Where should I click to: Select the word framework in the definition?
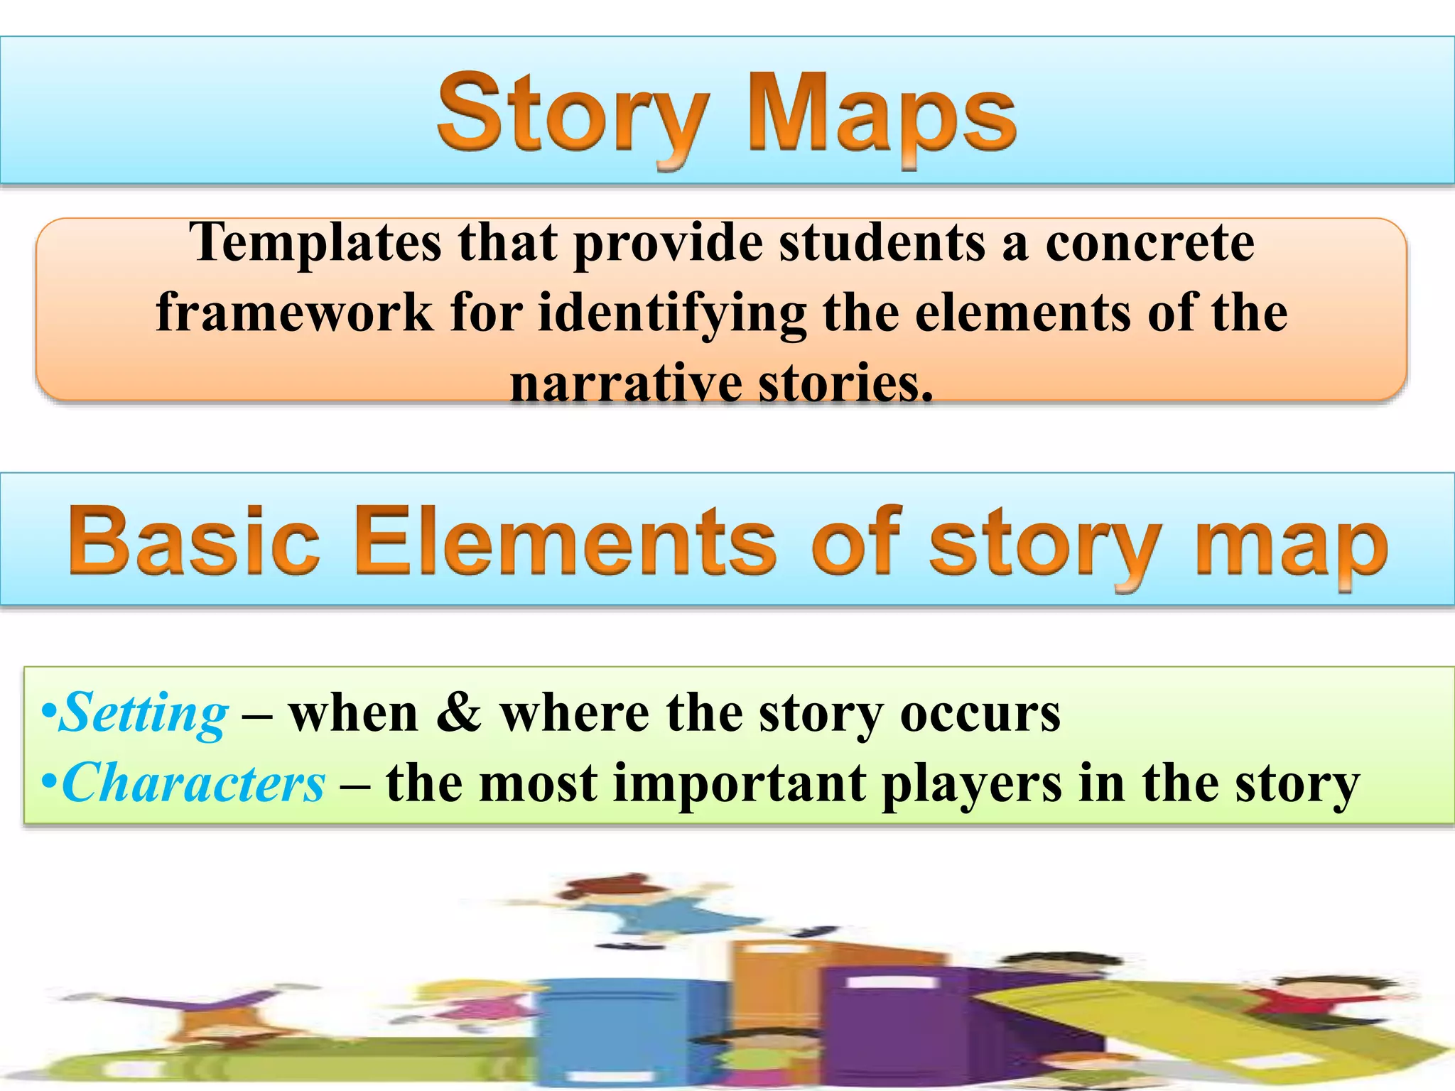[x=294, y=313]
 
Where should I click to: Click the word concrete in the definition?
[x=1149, y=244]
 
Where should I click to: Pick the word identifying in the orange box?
[x=671, y=314]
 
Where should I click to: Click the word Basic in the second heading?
[x=194, y=541]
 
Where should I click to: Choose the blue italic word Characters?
[x=193, y=783]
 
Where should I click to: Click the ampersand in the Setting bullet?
[x=458, y=712]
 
